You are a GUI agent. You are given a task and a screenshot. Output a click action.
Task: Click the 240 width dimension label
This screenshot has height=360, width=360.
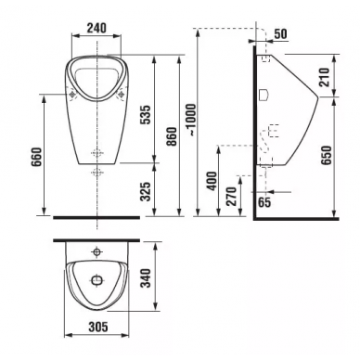click(x=96, y=28)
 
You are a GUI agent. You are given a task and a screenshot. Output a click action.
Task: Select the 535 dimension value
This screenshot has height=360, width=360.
click(x=146, y=115)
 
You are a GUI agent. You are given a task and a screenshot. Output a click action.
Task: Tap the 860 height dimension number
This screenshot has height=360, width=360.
click(x=171, y=136)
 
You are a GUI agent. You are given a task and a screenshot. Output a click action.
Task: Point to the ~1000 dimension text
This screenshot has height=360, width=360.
click(x=191, y=121)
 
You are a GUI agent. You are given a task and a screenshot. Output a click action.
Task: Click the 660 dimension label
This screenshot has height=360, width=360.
click(x=36, y=157)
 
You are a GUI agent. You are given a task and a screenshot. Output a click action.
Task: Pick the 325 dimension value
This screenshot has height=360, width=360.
click(x=146, y=191)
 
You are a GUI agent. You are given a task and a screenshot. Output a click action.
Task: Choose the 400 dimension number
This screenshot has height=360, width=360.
click(x=212, y=181)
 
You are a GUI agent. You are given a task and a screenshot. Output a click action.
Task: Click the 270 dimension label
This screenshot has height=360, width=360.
click(x=231, y=197)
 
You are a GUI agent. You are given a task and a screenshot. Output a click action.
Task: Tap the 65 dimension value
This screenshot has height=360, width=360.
click(x=264, y=202)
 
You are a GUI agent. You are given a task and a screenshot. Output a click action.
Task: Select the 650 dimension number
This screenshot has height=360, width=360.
click(x=326, y=155)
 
